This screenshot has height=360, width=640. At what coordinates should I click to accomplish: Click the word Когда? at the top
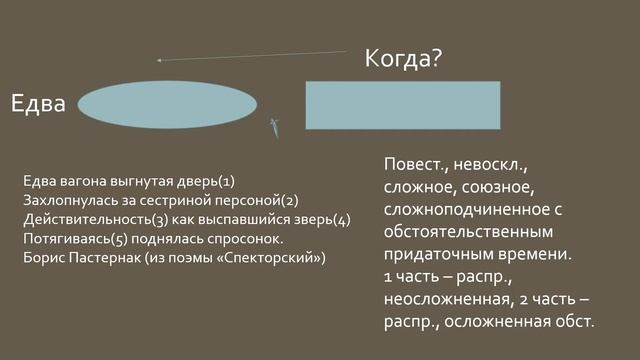[x=403, y=59]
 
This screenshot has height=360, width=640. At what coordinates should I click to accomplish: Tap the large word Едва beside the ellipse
[x=38, y=103]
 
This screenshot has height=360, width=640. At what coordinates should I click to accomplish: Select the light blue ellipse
[x=168, y=103]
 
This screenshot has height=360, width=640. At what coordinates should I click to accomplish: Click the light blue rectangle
[x=402, y=105]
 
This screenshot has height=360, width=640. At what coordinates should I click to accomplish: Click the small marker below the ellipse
[x=272, y=126]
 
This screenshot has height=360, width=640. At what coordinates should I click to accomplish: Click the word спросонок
[x=249, y=238]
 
